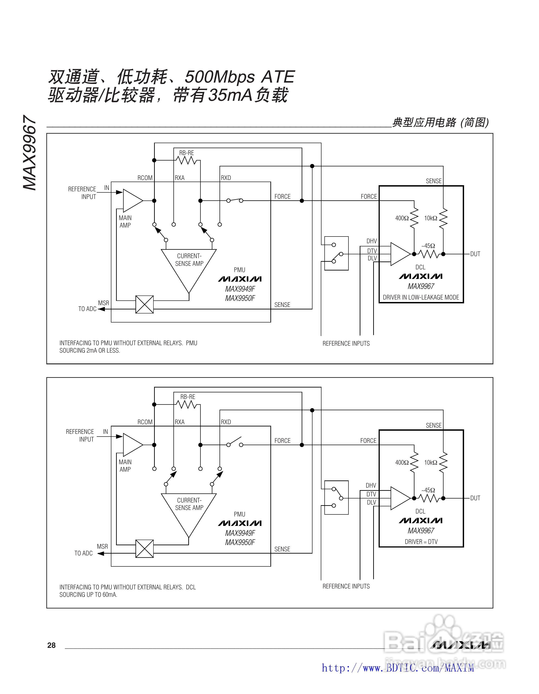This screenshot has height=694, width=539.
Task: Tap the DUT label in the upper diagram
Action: click(x=475, y=254)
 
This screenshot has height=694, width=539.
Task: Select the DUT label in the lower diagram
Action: click(x=475, y=498)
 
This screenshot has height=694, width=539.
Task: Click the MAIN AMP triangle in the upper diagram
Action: click(x=132, y=201)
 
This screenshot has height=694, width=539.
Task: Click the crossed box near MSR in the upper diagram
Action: click(x=144, y=304)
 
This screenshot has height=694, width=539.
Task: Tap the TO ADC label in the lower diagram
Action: click(x=83, y=553)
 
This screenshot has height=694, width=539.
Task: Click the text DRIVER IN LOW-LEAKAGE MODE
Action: click(x=421, y=297)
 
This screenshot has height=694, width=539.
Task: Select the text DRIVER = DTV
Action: click(x=421, y=542)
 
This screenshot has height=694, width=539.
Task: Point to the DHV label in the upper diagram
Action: click(x=371, y=241)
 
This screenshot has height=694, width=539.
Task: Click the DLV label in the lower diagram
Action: click(x=371, y=502)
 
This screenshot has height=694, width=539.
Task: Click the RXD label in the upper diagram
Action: click(x=226, y=178)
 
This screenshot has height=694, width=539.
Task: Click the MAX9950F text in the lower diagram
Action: click(x=240, y=542)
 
